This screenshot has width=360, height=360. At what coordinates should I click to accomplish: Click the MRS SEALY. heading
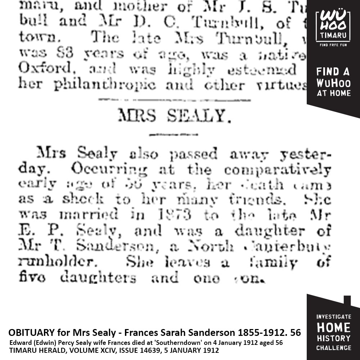(x=174, y=116)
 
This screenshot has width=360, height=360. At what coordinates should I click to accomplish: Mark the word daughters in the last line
(x=98, y=278)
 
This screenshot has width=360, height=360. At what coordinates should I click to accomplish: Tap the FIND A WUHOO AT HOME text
(x=333, y=82)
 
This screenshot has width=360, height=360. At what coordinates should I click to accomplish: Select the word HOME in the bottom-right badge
(x=333, y=328)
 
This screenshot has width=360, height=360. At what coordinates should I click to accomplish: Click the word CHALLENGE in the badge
(x=333, y=348)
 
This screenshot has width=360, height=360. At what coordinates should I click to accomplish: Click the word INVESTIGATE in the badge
(x=333, y=317)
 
